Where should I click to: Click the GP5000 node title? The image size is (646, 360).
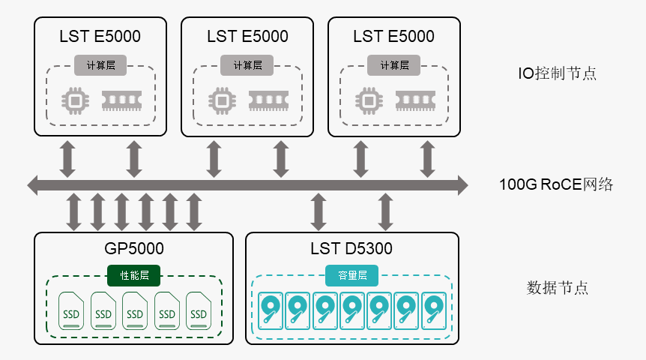[x=133, y=249]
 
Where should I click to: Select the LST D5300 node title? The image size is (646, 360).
[x=351, y=249]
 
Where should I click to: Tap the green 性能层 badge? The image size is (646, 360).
[x=134, y=275]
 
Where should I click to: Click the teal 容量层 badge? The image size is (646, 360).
[x=351, y=275]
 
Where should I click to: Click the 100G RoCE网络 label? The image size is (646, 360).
[x=556, y=184]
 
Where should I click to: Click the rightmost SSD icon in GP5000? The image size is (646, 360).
[x=199, y=310]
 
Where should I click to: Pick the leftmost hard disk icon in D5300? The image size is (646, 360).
[x=271, y=311]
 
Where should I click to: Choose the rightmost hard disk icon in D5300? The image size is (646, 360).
[x=433, y=311]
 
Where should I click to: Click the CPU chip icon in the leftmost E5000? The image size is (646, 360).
[x=73, y=100]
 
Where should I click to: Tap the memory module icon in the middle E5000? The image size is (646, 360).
[x=268, y=99]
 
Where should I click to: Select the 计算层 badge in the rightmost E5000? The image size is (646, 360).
[x=393, y=65]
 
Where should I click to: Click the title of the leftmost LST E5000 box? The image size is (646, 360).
[x=100, y=37]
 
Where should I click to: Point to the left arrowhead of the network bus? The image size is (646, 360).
[x=32, y=184]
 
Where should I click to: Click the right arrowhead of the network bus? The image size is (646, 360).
[x=462, y=184]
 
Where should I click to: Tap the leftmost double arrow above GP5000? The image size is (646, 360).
[x=73, y=212]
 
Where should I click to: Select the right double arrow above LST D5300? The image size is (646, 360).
[x=386, y=212]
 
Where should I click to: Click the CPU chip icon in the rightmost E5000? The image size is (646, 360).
[x=367, y=100]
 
